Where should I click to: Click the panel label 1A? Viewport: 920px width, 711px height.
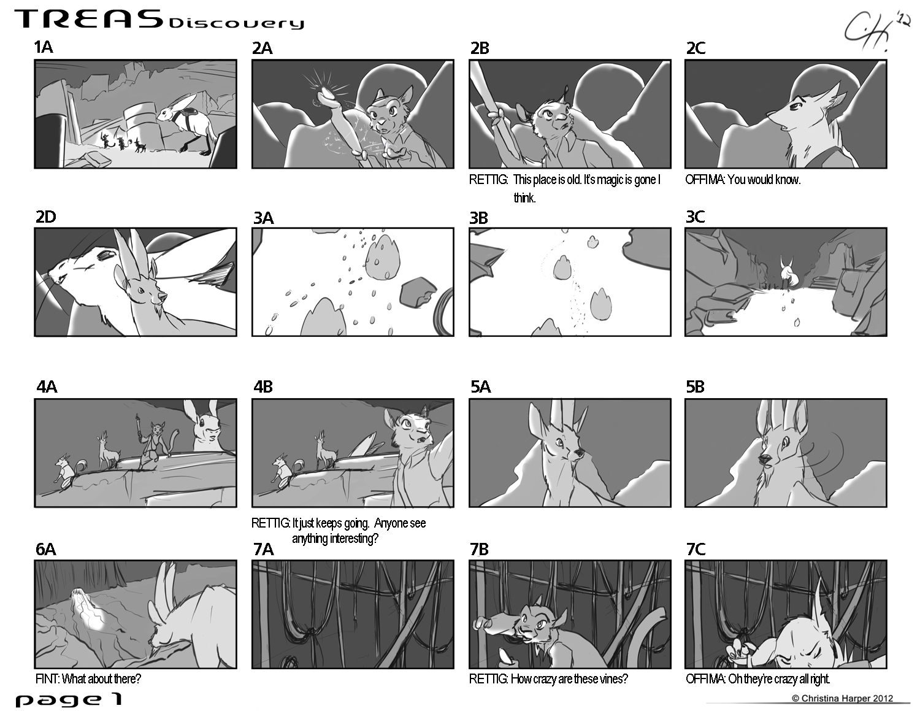pos(44,47)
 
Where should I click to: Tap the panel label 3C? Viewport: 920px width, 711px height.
pos(695,217)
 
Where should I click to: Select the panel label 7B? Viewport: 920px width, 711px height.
pos(479,549)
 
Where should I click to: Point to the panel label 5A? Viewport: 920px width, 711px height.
pos(480,386)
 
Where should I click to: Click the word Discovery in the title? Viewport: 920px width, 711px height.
pos(236,23)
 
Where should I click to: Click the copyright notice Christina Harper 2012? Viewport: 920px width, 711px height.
pos(842,698)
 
